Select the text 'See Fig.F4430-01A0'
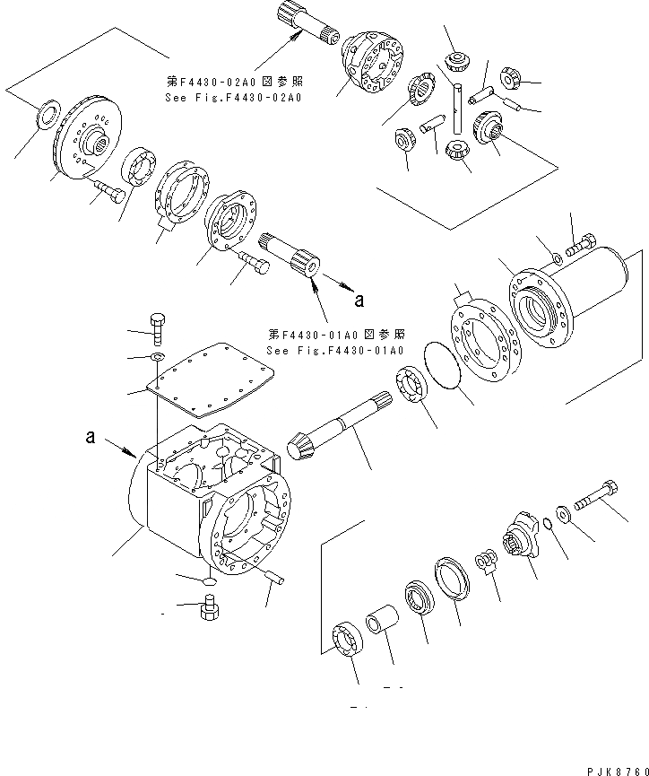[334, 350]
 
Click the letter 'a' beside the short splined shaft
[359, 299]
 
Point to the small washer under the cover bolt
[158, 358]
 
